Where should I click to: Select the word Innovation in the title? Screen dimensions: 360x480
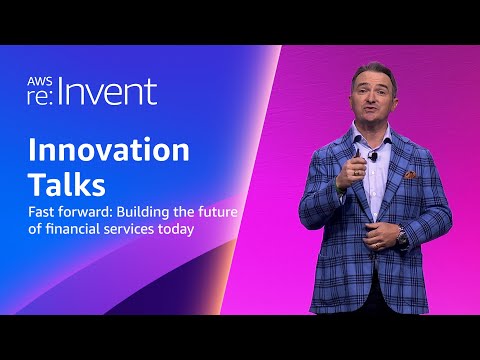pyautogui.click(x=108, y=150)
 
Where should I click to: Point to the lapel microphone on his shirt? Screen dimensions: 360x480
pyautogui.click(x=373, y=156)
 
